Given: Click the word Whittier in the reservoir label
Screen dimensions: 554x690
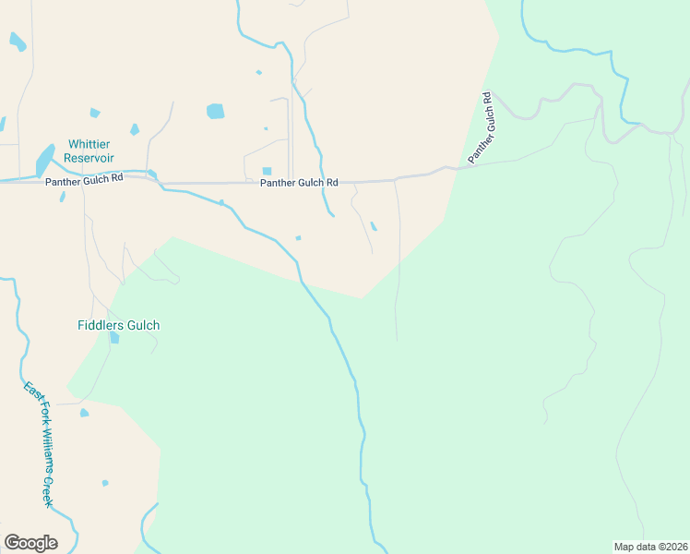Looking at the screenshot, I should coord(89,145).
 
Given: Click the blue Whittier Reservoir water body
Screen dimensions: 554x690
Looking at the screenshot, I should coord(44,160).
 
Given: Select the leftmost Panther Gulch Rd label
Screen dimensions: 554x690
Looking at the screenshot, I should coord(84,182).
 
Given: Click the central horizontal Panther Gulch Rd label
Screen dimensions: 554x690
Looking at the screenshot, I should coord(299,183).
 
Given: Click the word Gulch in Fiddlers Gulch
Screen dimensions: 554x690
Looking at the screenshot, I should coord(143,325).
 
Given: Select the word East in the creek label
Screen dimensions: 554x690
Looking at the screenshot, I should coord(30,391).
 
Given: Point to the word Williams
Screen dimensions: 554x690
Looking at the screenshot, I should coord(42,453).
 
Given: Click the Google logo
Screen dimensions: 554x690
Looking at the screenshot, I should coord(30,543).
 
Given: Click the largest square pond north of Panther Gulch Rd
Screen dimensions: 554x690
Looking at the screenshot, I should coord(215,111).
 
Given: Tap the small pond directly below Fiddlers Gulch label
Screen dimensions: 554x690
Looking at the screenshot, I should coord(114,338).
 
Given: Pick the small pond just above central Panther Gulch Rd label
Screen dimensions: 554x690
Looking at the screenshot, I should coord(267,171).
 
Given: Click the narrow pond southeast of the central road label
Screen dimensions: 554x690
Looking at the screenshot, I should coord(373,226).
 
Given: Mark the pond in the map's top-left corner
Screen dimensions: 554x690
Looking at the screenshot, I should coord(17,41).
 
